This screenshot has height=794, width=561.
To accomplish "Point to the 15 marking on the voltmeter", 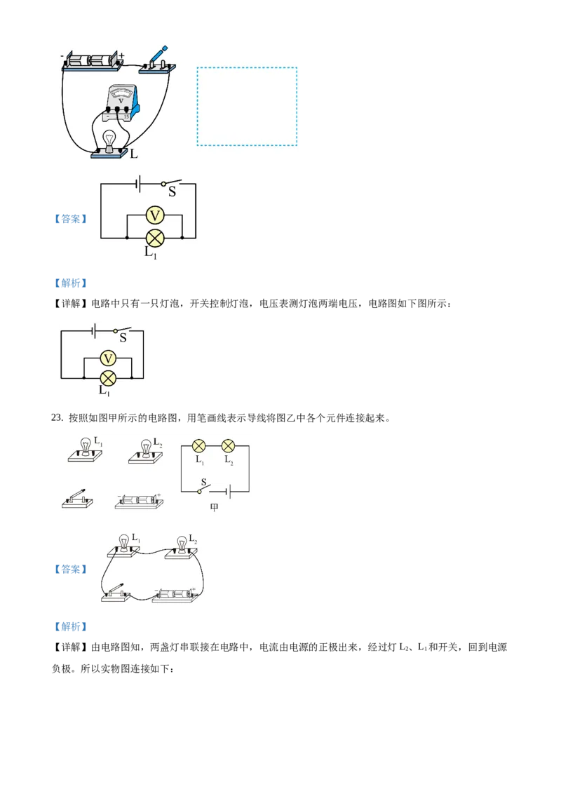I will pos(126,116).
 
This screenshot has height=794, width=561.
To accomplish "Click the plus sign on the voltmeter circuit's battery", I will pos(121,55).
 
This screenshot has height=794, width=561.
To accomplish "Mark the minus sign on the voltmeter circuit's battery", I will pos(62,55).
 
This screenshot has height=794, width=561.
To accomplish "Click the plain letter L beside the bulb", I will pos(134,152).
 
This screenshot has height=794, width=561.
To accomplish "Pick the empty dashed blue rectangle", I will pos(247,107).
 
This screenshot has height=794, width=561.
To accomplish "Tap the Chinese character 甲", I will pos(215,507).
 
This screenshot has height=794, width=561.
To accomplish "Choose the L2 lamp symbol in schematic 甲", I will pos(228,445).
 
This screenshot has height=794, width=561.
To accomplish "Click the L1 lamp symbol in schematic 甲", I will pos(199,445).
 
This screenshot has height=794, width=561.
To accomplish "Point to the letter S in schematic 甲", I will pos(203,483).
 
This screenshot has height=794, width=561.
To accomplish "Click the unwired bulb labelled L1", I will pos(86,448).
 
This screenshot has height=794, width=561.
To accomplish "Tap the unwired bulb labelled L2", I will pos(146,448).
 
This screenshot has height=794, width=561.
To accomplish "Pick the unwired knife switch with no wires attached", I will pos(76,500).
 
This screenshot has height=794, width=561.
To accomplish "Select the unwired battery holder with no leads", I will pos(140,501).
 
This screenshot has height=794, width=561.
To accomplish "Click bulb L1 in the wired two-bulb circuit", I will pos(124,544).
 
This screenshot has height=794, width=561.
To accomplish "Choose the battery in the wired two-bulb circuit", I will pos(175,595).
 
